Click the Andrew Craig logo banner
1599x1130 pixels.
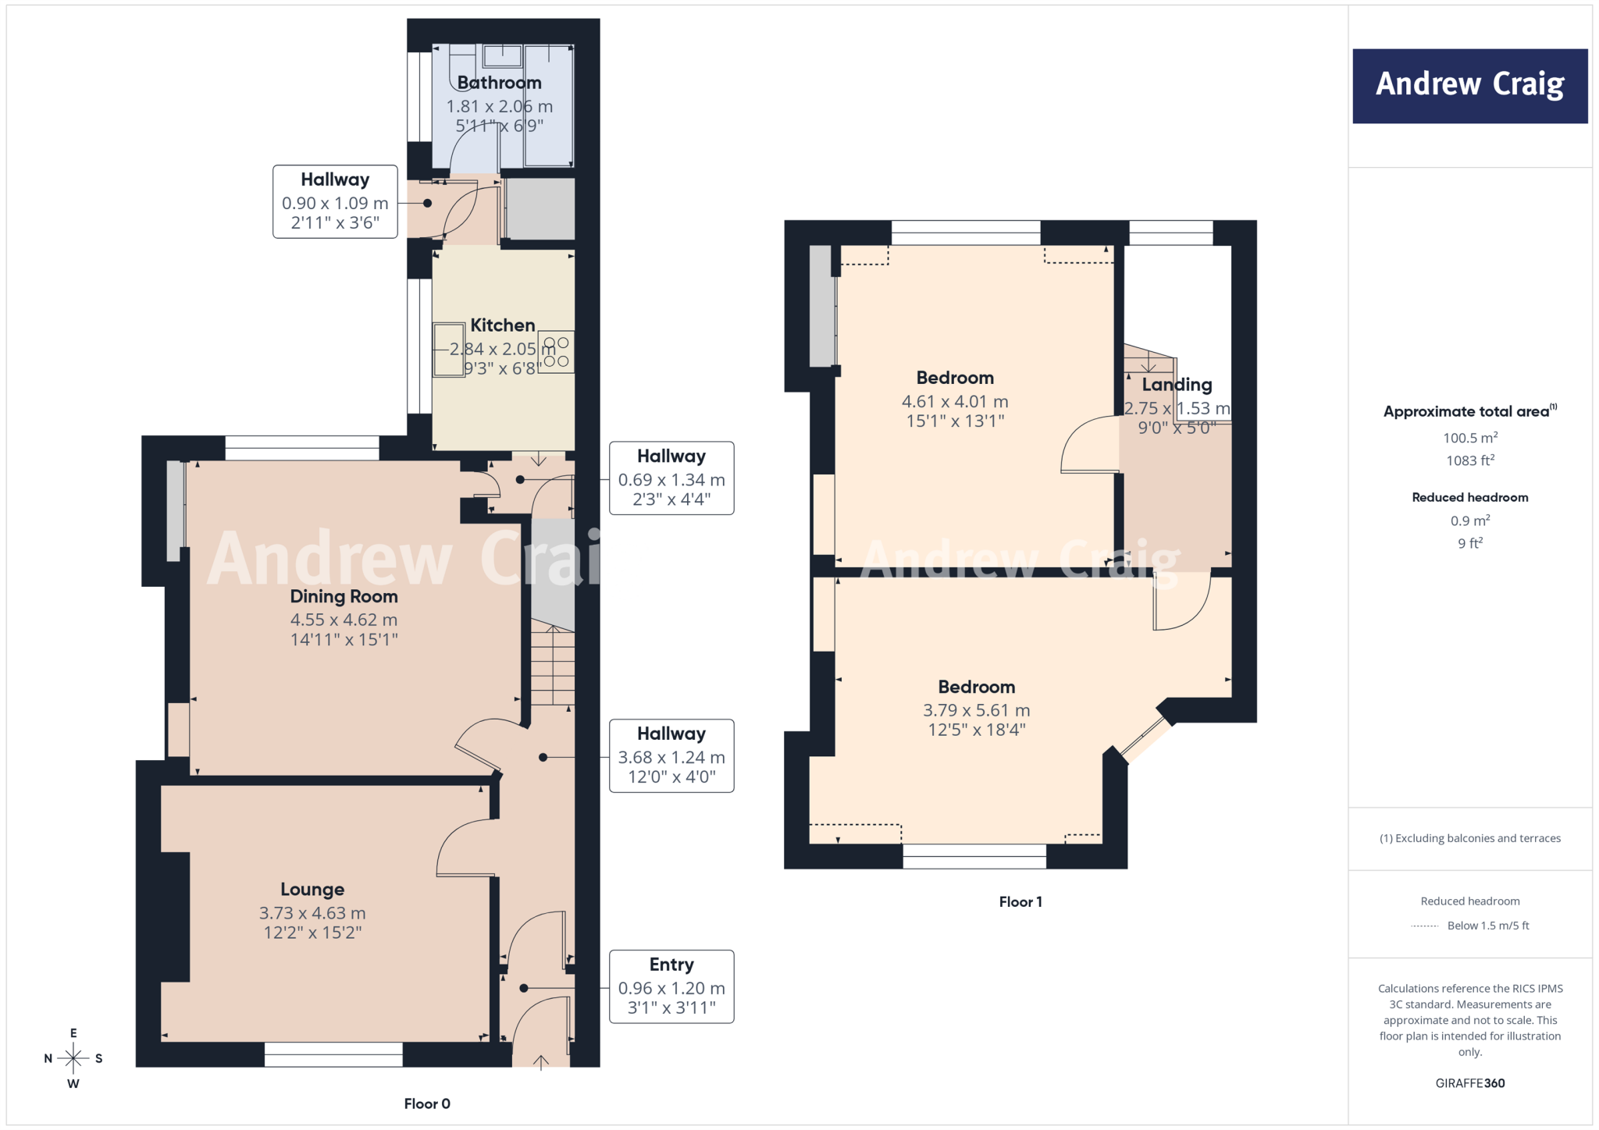pyautogui.click(x=1469, y=86)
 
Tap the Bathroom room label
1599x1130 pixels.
pyautogui.click(x=500, y=83)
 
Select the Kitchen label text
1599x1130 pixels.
pyautogui.click(x=503, y=325)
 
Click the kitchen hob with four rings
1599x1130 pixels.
pyautogui.click(x=556, y=352)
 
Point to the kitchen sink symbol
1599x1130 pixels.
pyautogui.click(x=449, y=350)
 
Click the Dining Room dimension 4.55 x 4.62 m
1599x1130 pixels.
pyautogui.click(x=344, y=620)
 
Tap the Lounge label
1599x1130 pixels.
pyautogui.click(x=312, y=890)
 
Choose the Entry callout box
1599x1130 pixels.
pyautogui.click(x=671, y=986)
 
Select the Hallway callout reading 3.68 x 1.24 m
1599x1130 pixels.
pyautogui.click(x=671, y=755)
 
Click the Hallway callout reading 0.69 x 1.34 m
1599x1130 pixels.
pyautogui.click(x=671, y=478)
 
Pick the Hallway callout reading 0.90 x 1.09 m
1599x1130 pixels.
pyautogui.click(x=335, y=201)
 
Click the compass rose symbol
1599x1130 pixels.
pyautogui.click(x=73, y=1058)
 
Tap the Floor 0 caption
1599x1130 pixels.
pyautogui.click(x=427, y=1103)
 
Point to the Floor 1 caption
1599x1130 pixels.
pyautogui.click(x=1020, y=902)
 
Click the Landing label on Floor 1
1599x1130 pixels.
pyautogui.click(x=1177, y=385)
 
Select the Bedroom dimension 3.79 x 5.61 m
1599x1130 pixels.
pyautogui.click(x=977, y=710)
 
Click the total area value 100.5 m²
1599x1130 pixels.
pyautogui.click(x=1470, y=437)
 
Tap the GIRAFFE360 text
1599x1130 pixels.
pyautogui.click(x=1470, y=1083)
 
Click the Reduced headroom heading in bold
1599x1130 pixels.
pyautogui.click(x=1470, y=497)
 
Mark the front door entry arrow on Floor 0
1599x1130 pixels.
pyautogui.click(x=540, y=1061)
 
